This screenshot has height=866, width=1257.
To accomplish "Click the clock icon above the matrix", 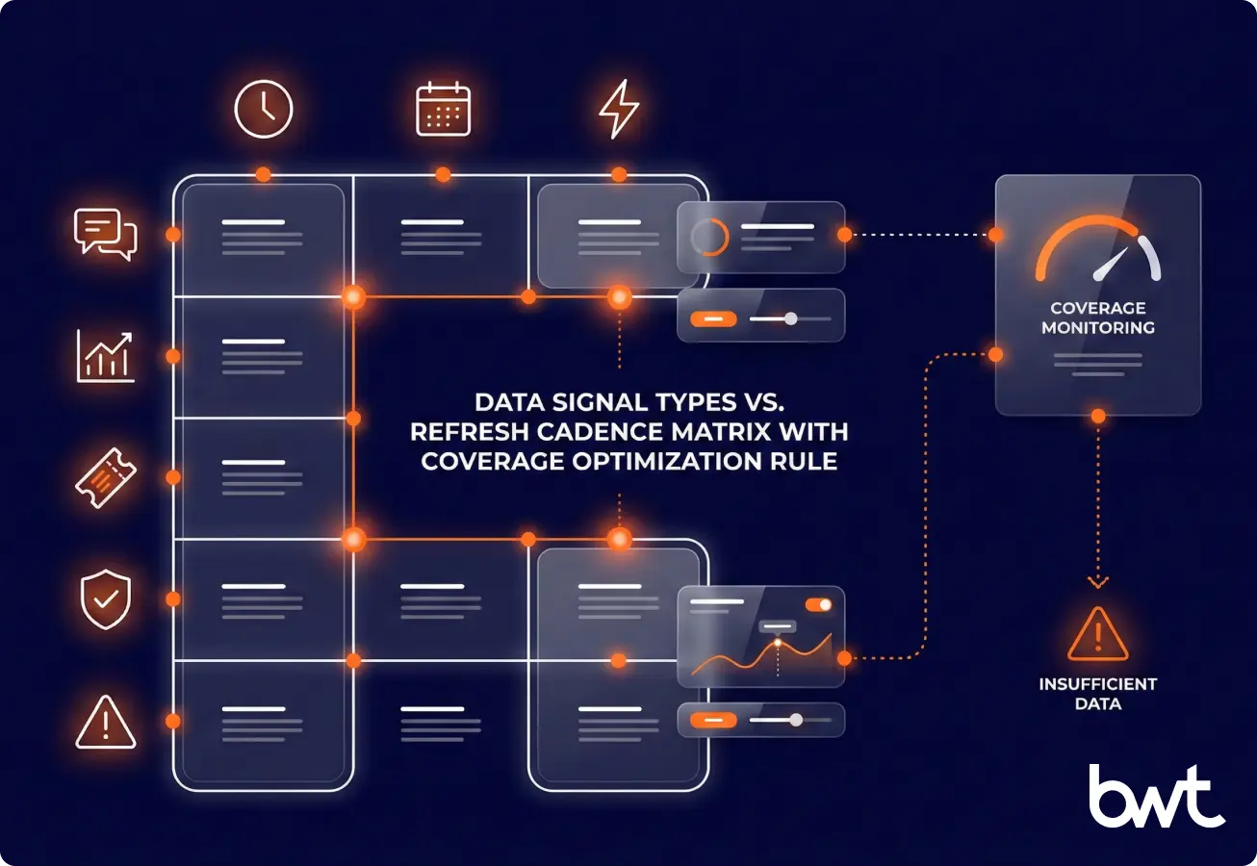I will pos(263,109).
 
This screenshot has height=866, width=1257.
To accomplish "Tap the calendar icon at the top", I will pos(443,109).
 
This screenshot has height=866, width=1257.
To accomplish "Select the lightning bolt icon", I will pos(618,109).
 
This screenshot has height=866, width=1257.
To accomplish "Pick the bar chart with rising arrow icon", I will pos(106,355).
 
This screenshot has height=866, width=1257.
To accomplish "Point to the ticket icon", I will pos(106,477).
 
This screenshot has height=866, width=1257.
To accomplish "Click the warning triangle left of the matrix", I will pos(106,722).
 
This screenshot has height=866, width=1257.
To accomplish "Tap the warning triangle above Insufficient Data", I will pos(1098,634).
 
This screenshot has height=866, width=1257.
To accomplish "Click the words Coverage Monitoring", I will pos(1098,318).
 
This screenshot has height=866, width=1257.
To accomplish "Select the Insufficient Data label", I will pos(1098,694).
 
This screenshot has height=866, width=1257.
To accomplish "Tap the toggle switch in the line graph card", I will pos(819,604).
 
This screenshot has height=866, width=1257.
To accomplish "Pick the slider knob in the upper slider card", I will pos(791,318).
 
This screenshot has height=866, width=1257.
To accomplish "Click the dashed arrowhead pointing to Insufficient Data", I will pos(1098,580).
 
